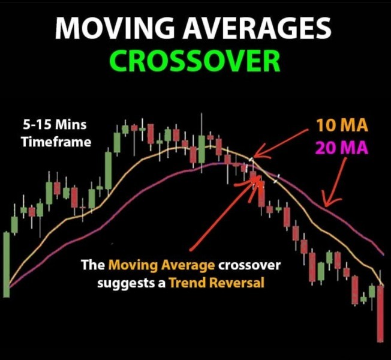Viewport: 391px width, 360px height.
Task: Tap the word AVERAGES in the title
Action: [257, 28]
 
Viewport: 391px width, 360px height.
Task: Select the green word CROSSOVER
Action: [195, 61]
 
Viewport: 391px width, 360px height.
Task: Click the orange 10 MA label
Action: [342, 125]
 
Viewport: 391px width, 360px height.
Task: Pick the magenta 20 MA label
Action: [342, 148]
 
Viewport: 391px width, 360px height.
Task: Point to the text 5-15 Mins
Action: [55, 124]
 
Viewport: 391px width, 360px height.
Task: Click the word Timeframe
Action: [56, 142]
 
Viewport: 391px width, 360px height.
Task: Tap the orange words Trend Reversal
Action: [216, 283]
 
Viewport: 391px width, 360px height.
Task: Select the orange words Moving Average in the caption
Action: [161, 265]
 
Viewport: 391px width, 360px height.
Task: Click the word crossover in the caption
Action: [249, 265]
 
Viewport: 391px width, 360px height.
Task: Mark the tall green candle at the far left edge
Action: [7, 265]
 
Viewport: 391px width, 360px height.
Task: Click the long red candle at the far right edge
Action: [380, 314]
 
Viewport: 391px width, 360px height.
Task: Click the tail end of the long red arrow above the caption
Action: [191, 250]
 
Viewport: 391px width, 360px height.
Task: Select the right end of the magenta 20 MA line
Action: [384, 255]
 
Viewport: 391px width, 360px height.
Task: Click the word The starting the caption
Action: [93, 265]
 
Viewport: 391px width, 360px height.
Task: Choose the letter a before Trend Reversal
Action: [162, 284]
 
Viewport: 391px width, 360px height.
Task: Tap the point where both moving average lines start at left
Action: [10, 286]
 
